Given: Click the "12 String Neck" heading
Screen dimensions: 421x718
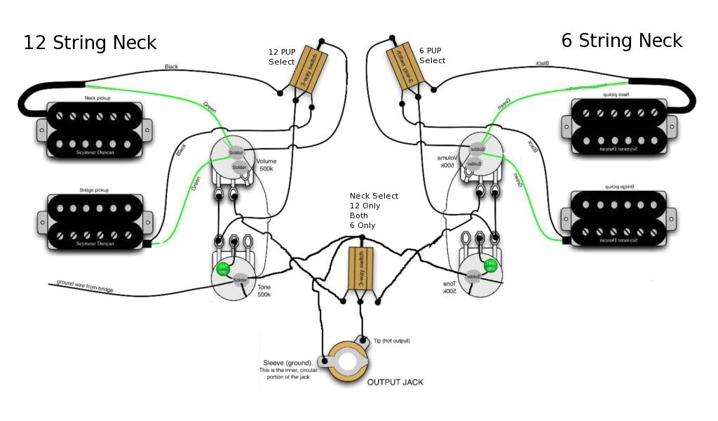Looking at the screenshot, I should (90, 43).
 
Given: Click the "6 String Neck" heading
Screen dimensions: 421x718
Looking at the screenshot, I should (621, 41).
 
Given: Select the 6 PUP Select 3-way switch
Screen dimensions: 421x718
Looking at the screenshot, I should (405, 67).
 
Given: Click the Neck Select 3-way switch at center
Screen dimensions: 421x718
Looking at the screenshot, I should (358, 268).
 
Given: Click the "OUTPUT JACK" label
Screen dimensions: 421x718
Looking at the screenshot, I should (395, 382).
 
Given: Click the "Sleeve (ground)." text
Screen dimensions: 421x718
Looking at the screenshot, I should (283, 363).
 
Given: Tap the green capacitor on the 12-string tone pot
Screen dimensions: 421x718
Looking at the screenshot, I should (224, 269).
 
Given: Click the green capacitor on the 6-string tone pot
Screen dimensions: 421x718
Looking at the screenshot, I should (491, 266).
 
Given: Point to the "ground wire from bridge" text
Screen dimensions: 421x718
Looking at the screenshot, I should (85, 287).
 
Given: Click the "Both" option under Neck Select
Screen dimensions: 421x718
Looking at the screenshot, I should (360, 215).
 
